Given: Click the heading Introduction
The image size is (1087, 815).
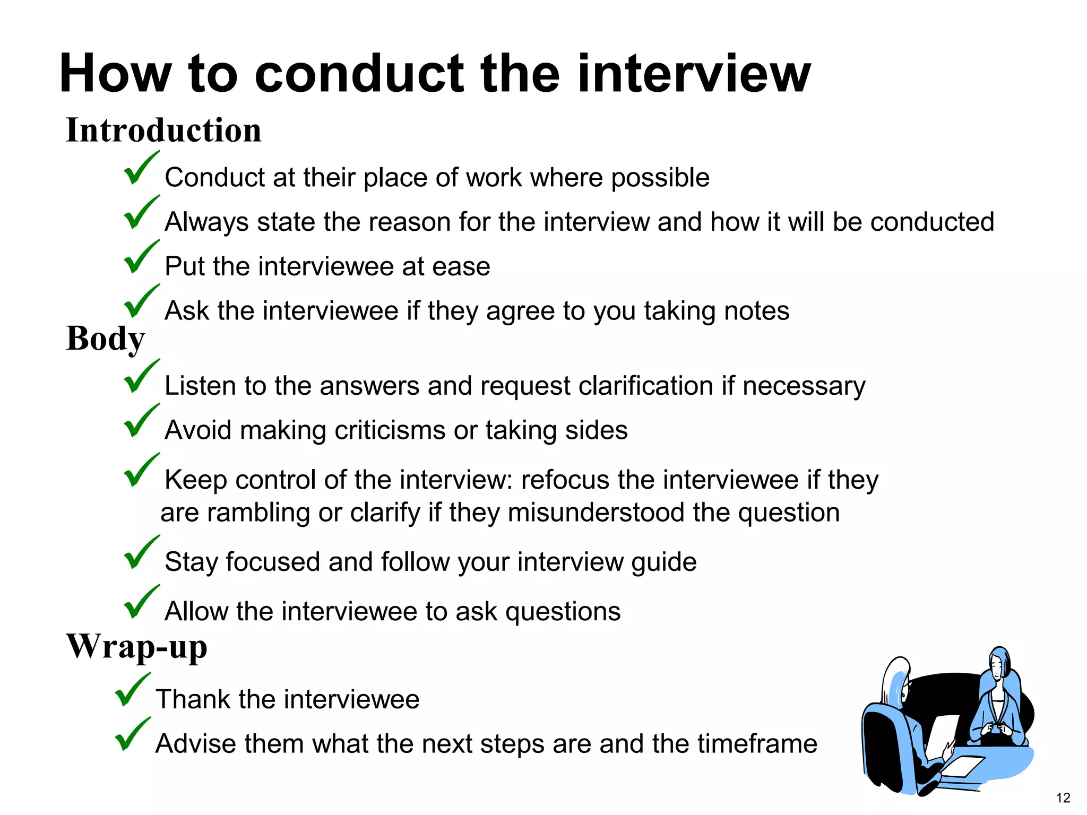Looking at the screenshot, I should (x=163, y=131).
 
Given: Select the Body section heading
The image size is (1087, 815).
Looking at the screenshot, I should (x=105, y=339).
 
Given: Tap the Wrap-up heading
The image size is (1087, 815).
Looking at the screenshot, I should (x=136, y=647).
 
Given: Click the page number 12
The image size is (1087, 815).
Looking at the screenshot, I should (x=1063, y=797).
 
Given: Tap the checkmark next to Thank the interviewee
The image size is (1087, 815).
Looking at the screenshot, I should (x=132, y=690).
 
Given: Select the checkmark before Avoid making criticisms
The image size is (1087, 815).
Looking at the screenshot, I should (x=141, y=421).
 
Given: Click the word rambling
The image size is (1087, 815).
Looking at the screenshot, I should (x=258, y=514).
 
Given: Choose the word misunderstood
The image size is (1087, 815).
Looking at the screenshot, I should (x=569, y=513).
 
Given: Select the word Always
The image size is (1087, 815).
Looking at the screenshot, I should (x=206, y=222).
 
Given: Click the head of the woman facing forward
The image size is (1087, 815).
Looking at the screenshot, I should (x=998, y=663).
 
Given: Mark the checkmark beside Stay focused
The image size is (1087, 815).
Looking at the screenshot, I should (x=141, y=553).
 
